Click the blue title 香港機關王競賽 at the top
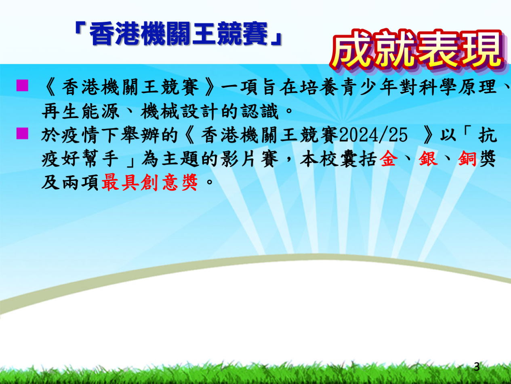click(179, 34)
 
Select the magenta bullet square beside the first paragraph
click(22, 85)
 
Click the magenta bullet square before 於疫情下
click(22, 134)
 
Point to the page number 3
click(477, 367)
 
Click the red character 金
click(388, 159)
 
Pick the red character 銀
click(428, 159)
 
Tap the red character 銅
click(467, 159)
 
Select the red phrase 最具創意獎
click(150, 182)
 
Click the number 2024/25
click(373, 135)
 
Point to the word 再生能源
click(80, 111)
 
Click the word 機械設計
click(179, 111)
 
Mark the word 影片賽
click(249, 159)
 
